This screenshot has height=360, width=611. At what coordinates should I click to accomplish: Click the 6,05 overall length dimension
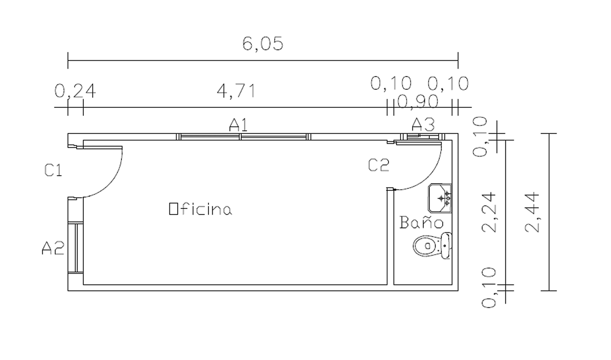(263, 44)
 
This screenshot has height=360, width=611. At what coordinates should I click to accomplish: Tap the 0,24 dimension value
(75, 91)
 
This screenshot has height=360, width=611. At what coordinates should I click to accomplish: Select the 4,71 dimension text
(237, 91)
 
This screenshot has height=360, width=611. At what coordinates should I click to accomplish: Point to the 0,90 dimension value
(418, 101)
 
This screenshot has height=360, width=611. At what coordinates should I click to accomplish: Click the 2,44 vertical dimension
(532, 212)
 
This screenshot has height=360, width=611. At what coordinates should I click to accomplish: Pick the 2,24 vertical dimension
(489, 212)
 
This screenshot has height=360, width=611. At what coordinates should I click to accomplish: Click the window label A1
(238, 125)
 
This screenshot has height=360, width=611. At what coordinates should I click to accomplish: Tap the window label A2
(53, 248)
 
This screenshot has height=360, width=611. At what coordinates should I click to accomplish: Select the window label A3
(423, 124)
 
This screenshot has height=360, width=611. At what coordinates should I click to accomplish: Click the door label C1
(53, 170)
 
